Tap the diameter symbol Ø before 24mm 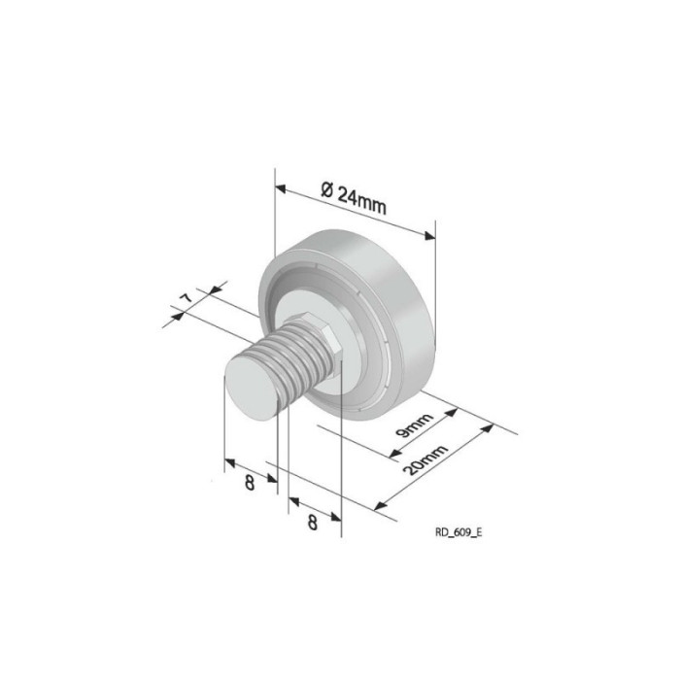point(326,187)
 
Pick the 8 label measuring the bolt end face point(250,482)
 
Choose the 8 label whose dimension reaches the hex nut point(313,522)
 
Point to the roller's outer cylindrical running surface point(408,291)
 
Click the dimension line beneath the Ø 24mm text point(355,210)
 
